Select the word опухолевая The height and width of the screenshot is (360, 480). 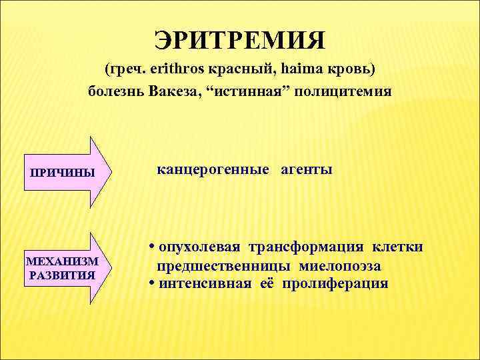(198, 248)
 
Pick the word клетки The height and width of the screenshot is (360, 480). (398, 248)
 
